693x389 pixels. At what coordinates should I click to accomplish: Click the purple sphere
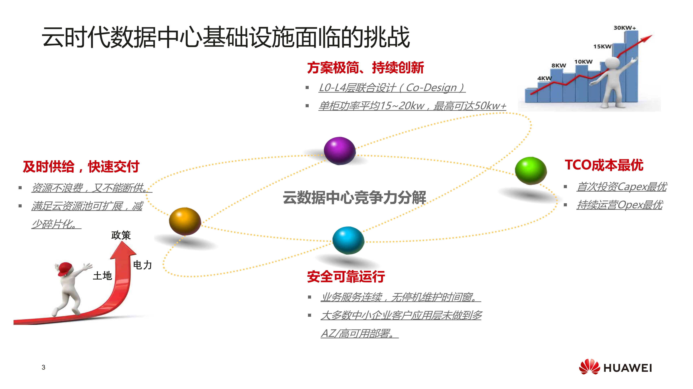coord(340,151)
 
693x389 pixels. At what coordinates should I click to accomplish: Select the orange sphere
coord(185,221)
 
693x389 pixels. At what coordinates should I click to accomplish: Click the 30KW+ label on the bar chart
coord(624,28)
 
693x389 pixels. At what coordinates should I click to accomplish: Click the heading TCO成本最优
coord(604,165)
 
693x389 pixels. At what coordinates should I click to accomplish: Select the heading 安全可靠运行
coord(346,276)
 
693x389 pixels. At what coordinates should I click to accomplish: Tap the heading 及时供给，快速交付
coord(81,166)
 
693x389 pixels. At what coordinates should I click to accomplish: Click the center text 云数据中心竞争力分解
coord(354,197)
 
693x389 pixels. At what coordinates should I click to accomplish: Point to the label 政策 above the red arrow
coord(121,235)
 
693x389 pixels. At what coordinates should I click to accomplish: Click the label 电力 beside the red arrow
coord(142,265)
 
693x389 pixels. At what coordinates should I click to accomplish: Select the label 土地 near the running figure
coord(102,276)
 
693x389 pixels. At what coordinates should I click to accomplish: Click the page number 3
coord(43,367)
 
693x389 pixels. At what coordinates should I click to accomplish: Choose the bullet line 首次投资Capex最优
coord(621,187)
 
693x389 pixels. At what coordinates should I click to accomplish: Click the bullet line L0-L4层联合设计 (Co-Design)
coord(392,88)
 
